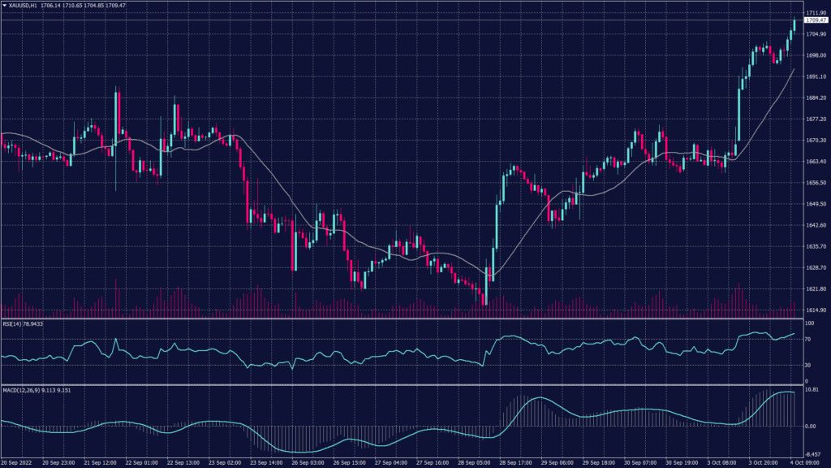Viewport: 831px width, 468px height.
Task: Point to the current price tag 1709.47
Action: pos(816,21)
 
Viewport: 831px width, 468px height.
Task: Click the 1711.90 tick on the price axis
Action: pos(815,13)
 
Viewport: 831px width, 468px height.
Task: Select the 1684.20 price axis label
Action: pos(815,98)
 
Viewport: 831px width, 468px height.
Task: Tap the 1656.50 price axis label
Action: pos(815,183)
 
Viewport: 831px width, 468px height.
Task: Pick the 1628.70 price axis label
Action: pos(815,267)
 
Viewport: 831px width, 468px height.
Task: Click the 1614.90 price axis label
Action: pos(815,310)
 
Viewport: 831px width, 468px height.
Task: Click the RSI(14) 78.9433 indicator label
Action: pos(22,324)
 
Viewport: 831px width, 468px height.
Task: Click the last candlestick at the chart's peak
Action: pos(794,24)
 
